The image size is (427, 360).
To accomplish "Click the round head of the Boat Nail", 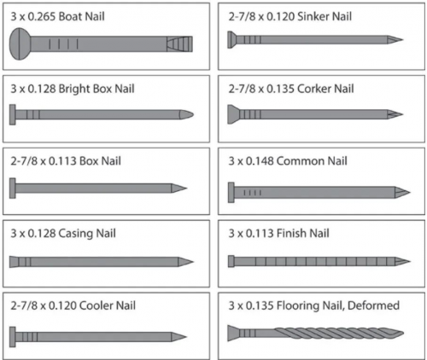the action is (20, 44).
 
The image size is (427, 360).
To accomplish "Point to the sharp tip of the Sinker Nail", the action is (403, 39).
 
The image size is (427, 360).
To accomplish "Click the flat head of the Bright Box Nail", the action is (13, 114).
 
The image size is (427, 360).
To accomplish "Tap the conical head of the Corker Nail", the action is (233, 114).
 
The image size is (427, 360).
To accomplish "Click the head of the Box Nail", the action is (13, 188).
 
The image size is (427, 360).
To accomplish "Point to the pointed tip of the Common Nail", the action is (410, 193).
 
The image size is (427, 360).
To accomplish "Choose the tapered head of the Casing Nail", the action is (15, 262).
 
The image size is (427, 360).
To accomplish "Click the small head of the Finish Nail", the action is (231, 261).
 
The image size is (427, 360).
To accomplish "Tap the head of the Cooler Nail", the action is (13, 337).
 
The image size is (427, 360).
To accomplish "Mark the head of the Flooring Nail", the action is (233, 333).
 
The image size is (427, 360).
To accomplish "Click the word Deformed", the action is (373, 305).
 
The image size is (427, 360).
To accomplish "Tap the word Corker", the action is (313, 89).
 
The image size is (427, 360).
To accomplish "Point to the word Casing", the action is (75, 234).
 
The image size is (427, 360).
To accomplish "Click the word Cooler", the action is (97, 305).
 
